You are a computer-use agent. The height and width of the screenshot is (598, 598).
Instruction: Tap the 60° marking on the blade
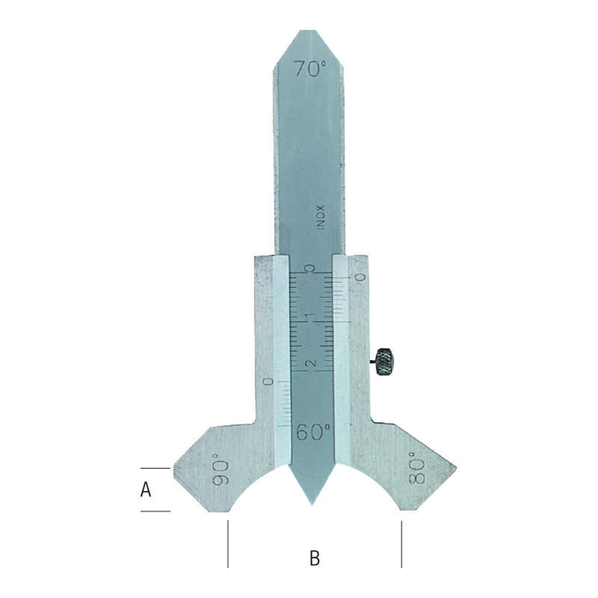pyautogui.click(x=313, y=432)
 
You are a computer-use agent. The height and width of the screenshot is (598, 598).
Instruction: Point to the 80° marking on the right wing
pyautogui.click(x=417, y=468)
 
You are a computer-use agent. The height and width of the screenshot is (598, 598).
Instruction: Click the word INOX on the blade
pyautogui.click(x=321, y=217)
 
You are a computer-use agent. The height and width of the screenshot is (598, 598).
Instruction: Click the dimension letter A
pyautogui.click(x=146, y=489)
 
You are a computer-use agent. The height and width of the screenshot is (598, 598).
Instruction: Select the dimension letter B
pyautogui.click(x=315, y=558)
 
